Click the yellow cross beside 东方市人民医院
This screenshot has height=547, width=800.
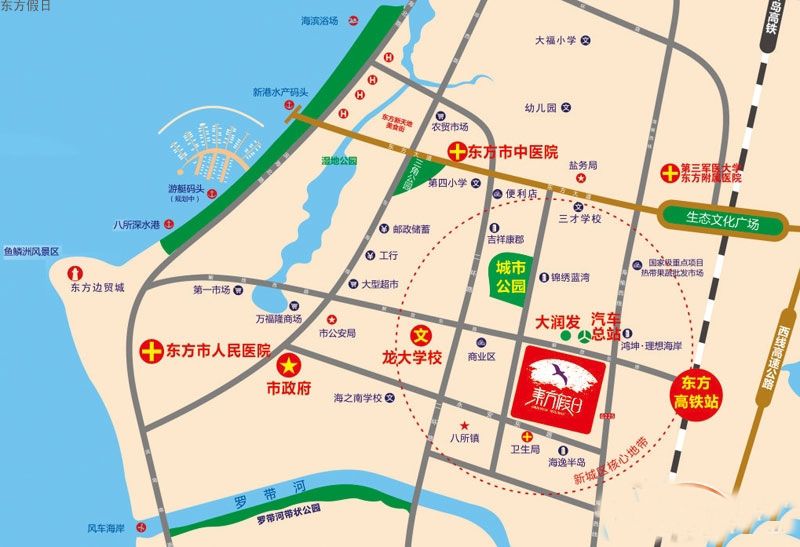click(x=151, y=351)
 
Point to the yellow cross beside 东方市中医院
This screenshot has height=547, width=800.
click(x=457, y=153)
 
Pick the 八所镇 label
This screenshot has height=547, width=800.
click(x=466, y=437)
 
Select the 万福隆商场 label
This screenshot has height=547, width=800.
click(x=278, y=319)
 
